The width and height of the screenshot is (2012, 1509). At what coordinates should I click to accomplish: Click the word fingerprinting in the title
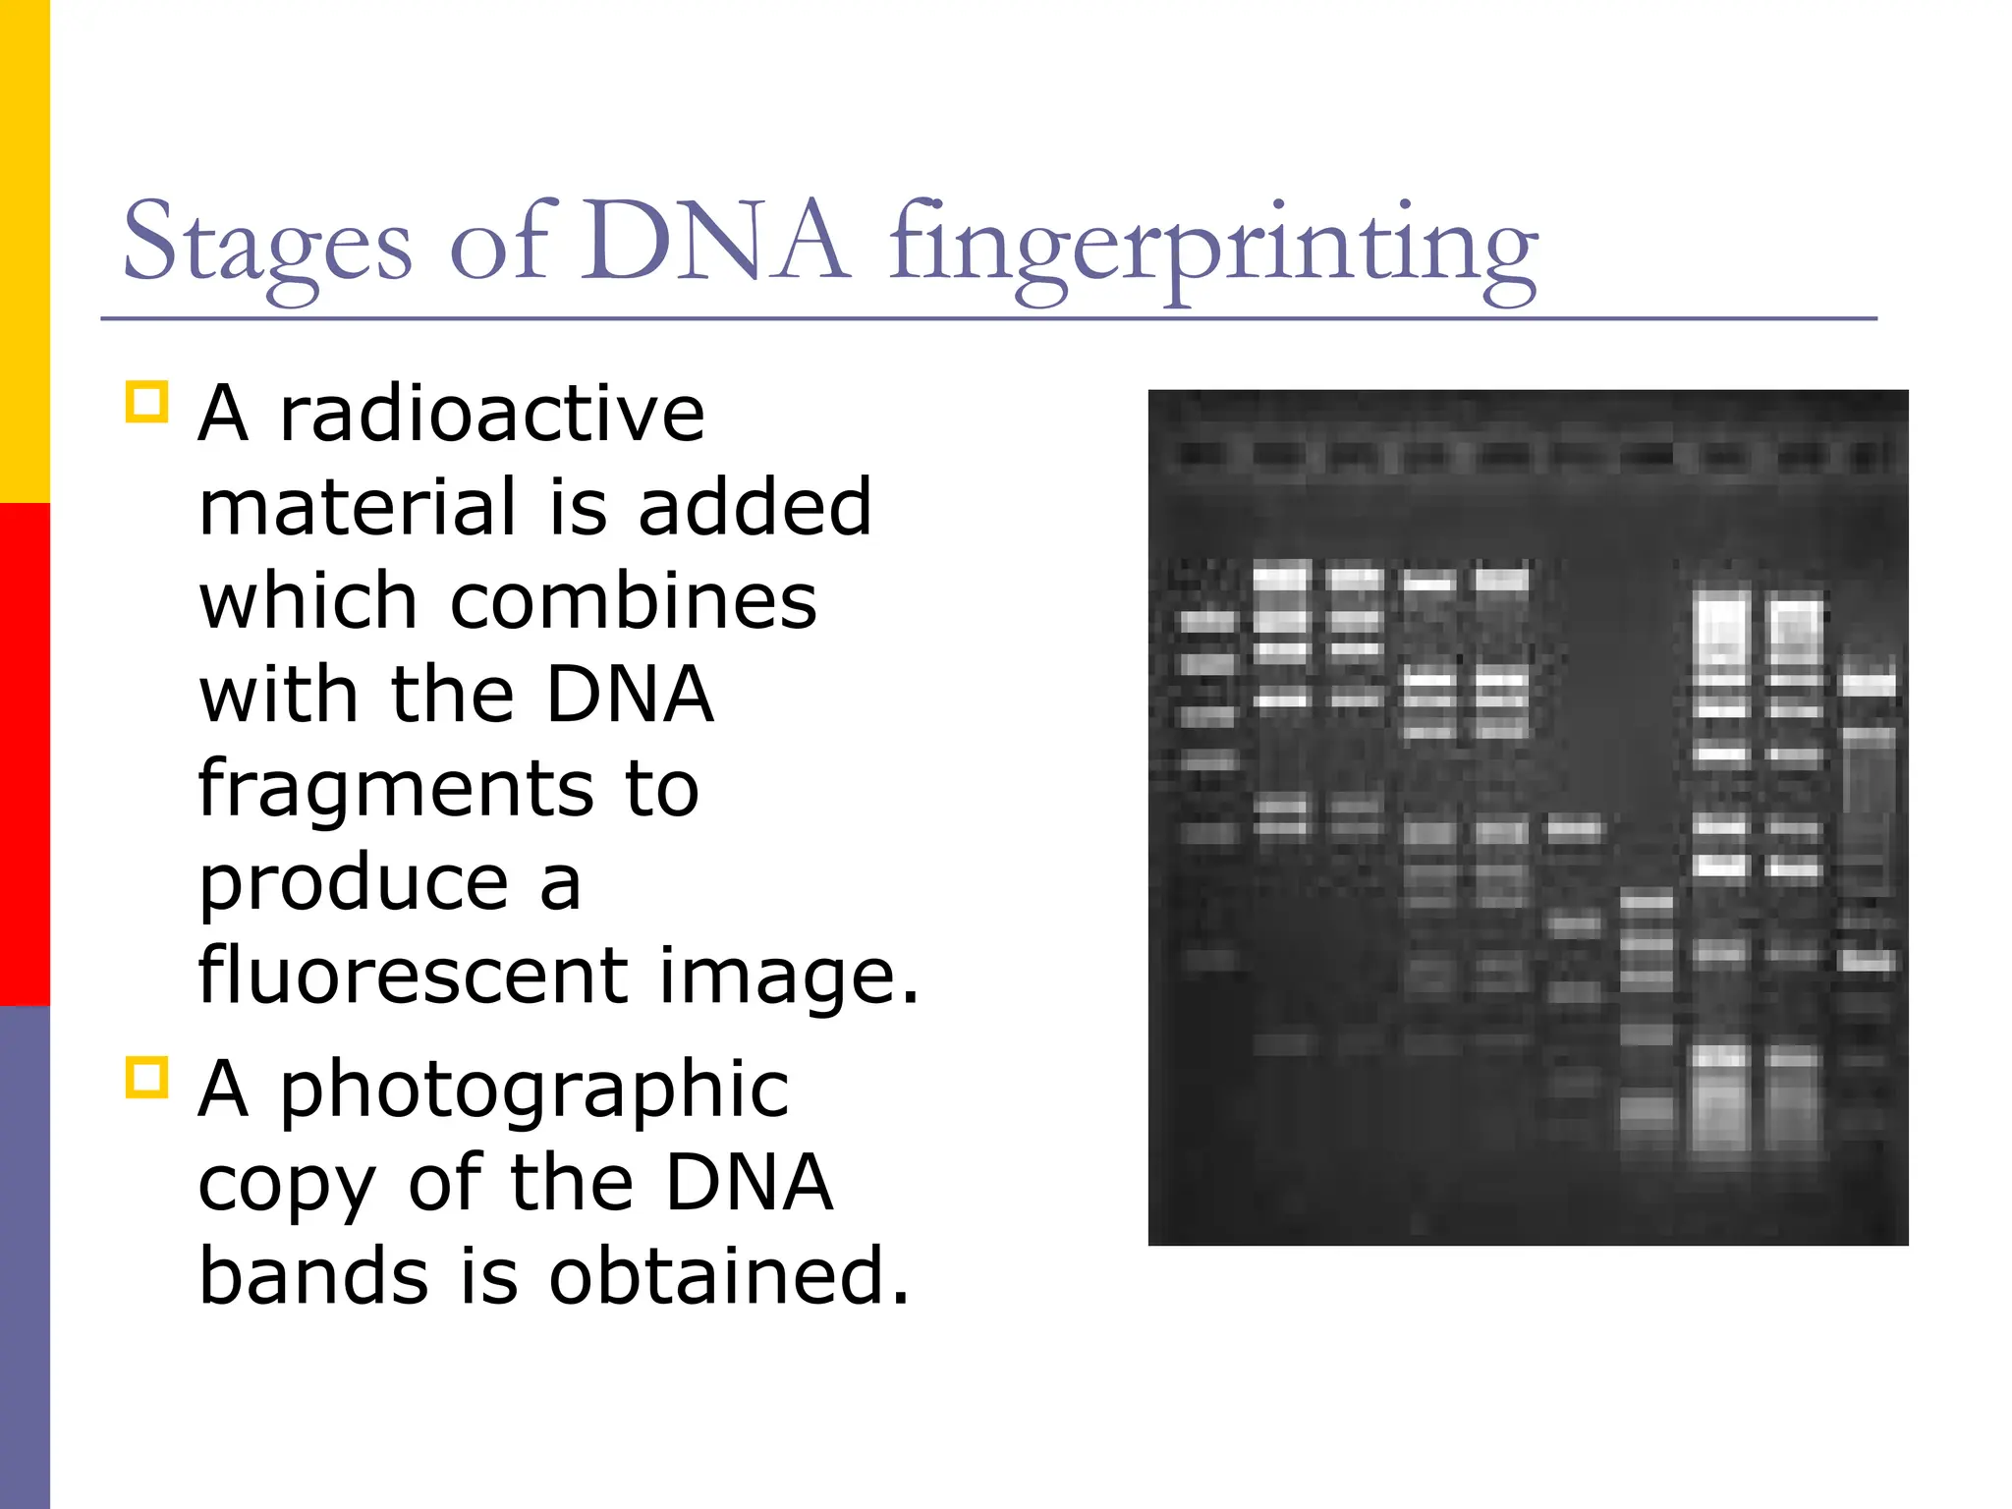pos(1213,246)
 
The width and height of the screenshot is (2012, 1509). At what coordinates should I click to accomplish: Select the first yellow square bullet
pos(147,402)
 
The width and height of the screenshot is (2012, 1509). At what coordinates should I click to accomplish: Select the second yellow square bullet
pos(147,1078)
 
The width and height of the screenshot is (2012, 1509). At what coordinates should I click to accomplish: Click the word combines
pos(633,601)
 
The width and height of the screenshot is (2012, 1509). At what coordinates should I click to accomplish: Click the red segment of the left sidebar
pos(25,754)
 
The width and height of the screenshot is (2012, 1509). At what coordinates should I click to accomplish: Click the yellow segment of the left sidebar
pos(25,251)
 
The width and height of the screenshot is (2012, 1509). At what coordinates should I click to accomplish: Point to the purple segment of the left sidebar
pos(25,1257)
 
